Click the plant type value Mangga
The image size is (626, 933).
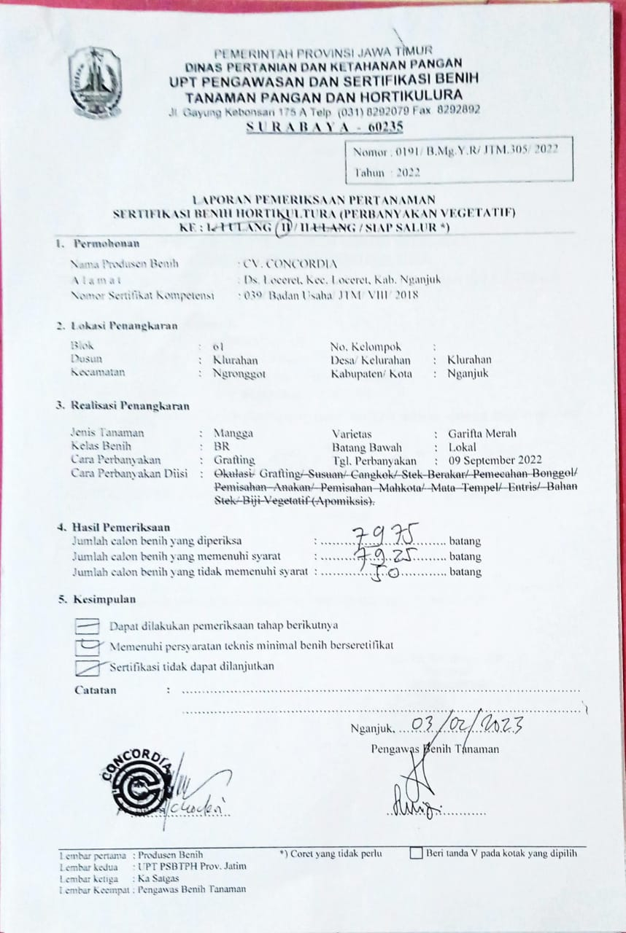coord(233,433)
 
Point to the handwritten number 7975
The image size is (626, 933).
coord(385,539)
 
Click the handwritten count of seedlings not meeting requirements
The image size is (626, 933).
coord(385,572)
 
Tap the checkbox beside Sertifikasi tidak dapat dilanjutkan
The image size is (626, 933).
coord(88,666)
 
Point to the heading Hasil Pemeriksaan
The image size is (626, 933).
coord(121,527)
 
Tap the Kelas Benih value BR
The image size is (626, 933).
coord(220,447)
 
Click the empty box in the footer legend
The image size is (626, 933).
coord(416,854)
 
